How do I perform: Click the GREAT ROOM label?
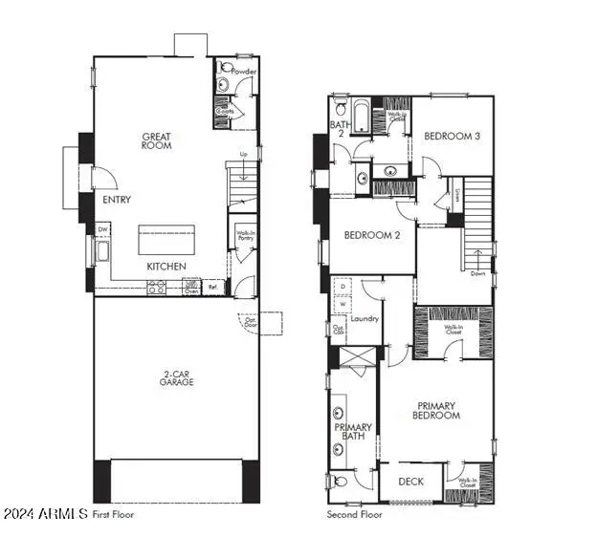[156, 140]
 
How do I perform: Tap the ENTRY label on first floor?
[117, 201]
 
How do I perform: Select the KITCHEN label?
[166, 266]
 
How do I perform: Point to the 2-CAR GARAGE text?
[176, 377]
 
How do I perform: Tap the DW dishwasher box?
[102, 230]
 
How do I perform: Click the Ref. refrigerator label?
[213, 286]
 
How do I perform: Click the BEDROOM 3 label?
[453, 136]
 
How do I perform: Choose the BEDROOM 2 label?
[371, 235]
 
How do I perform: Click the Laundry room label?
[365, 319]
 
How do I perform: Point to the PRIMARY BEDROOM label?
[436, 410]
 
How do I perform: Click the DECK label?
[410, 482]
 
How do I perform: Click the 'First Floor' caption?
[113, 514]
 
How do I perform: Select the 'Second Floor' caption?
[356, 514]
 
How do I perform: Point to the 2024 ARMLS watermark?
[44, 514]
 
